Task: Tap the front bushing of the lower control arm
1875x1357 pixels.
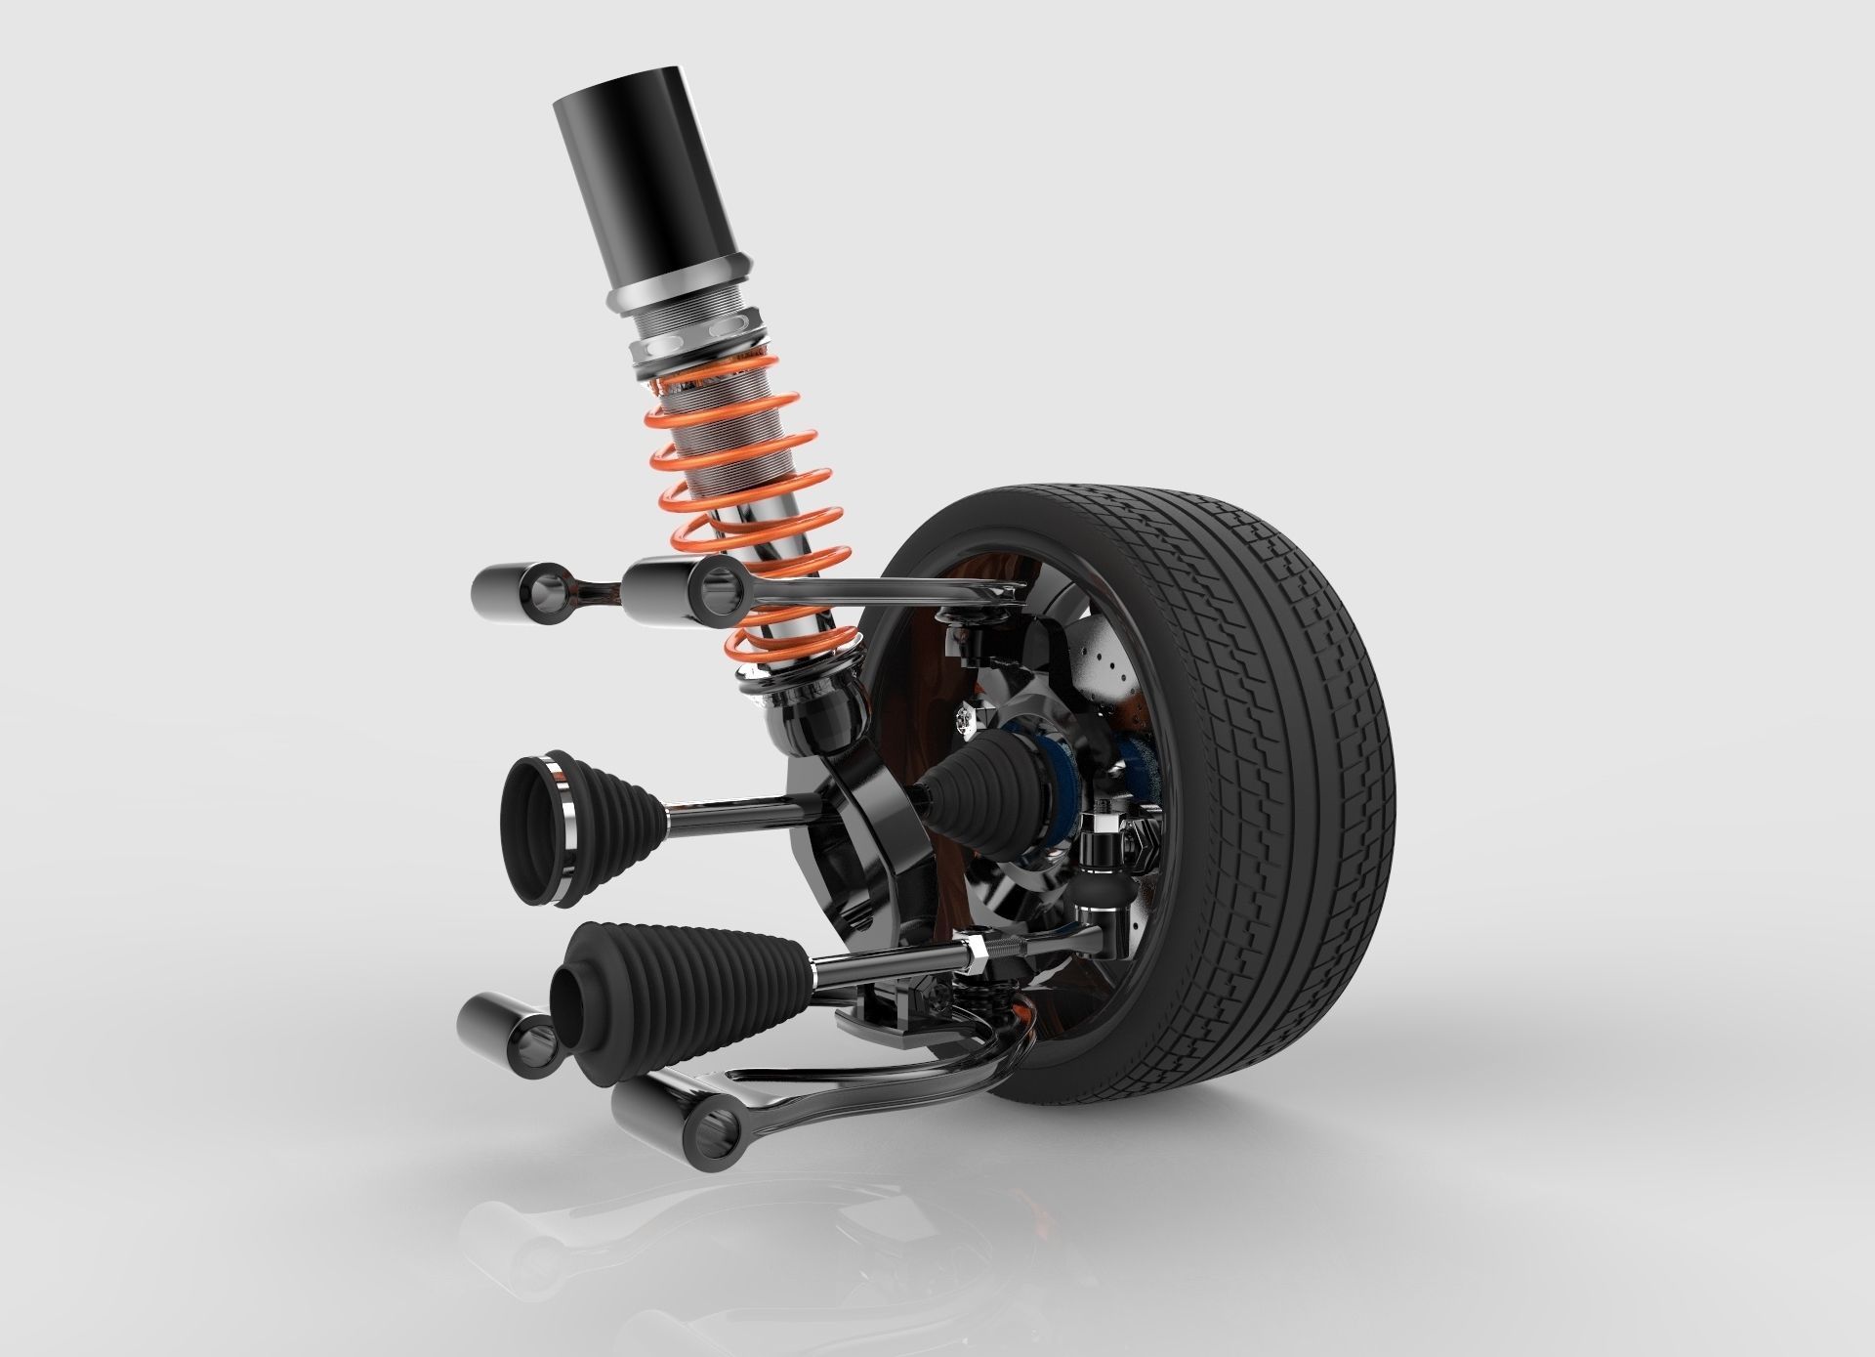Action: pos(674,1114)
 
